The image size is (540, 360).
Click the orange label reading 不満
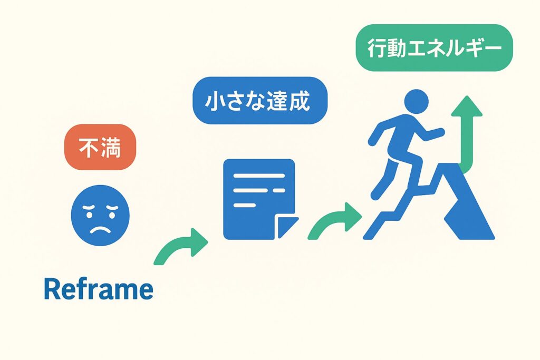click(100, 147)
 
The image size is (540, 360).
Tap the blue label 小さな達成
click(259, 101)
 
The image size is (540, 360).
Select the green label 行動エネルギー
click(435, 48)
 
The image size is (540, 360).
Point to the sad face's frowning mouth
click(100, 229)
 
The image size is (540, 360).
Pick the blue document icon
click(260, 199)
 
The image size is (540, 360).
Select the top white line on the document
click(259, 176)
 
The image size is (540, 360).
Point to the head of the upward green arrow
click(467, 106)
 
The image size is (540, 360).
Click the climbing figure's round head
click(416, 102)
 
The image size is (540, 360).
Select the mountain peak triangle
click(461, 201)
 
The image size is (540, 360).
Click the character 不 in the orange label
click(89, 148)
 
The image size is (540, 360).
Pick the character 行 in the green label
click(377, 48)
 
